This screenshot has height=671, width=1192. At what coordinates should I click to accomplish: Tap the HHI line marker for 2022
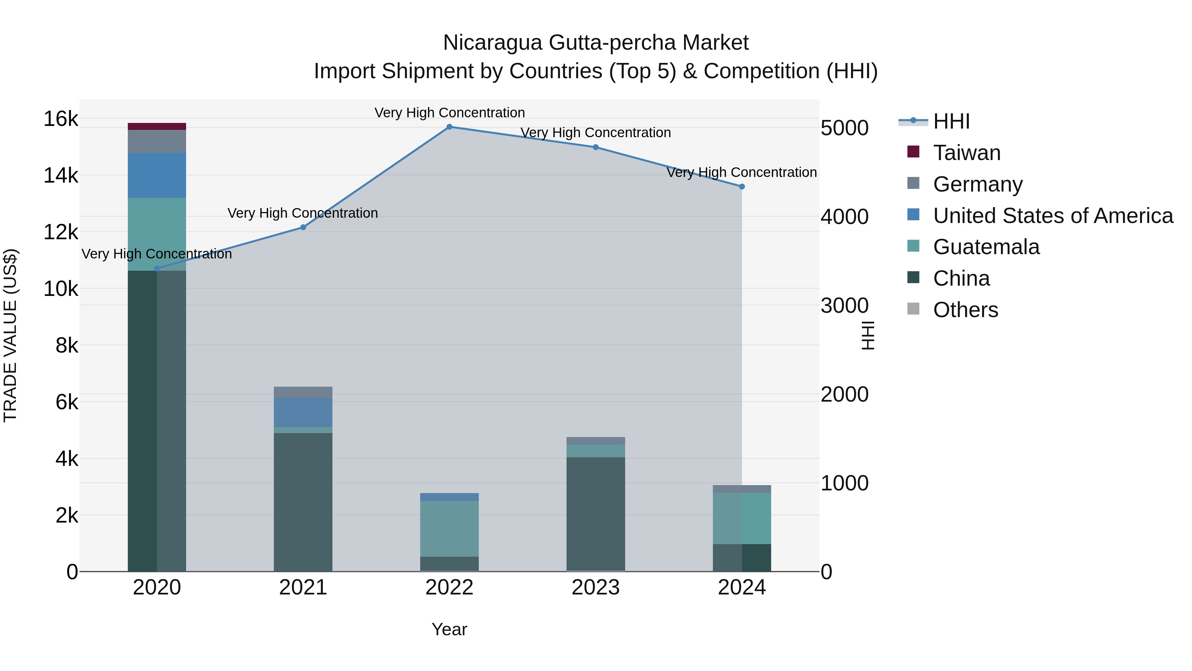449,127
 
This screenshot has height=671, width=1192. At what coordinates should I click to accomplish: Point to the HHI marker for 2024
742,187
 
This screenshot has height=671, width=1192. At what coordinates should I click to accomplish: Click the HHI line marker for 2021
303,227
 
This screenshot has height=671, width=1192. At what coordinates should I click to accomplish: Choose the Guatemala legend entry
986,247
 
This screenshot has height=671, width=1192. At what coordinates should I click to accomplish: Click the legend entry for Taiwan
967,153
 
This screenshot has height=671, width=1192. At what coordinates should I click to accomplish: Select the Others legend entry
965,310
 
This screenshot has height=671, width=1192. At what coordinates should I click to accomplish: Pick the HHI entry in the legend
951,121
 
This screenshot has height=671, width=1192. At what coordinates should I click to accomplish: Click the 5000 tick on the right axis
844,128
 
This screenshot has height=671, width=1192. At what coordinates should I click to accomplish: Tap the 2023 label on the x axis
596,587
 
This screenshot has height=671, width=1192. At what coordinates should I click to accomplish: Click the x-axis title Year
449,629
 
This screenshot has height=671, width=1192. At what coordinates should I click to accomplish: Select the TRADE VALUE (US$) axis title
11,335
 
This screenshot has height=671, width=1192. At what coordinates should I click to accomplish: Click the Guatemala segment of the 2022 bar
449,529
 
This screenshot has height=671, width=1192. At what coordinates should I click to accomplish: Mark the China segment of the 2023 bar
596,514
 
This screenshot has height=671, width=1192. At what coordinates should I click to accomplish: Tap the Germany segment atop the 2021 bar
303,392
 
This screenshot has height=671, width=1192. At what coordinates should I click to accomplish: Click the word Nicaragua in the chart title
492,43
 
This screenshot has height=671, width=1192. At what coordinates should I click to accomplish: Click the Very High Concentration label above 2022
449,113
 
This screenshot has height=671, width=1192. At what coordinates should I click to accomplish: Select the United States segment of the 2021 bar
303,412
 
